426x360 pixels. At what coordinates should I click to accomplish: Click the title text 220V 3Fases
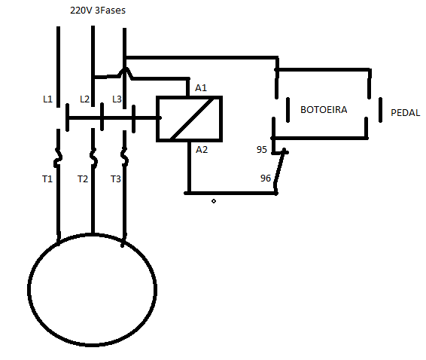pyautogui.click(x=98, y=11)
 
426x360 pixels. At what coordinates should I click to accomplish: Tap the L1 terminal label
pyautogui.click(x=48, y=99)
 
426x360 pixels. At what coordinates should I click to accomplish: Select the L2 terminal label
pyautogui.click(x=85, y=99)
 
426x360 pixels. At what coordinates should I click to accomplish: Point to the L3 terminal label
pyautogui.click(x=117, y=99)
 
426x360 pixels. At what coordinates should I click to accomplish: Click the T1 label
pyautogui.click(x=47, y=179)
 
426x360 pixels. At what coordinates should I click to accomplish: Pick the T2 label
pyautogui.click(x=83, y=179)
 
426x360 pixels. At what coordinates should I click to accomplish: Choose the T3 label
pyautogui.click(x=115, y=179)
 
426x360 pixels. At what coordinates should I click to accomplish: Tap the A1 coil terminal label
pyautogui.click(x=201, y=87)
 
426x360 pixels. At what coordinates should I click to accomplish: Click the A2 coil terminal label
pyautogui.click(x=202, y=150)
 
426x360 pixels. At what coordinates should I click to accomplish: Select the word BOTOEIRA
pyautogui.click(x=324, y=109)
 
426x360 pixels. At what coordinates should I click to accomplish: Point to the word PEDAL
pyautogui.click(x=406, y=112)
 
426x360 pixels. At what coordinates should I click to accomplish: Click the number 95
pyautogui.click(x=262, y=150)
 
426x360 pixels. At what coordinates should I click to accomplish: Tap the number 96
pyautogui.click(x=266, y=178)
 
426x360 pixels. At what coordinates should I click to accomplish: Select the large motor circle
pyautogui.click(x=29, y=289)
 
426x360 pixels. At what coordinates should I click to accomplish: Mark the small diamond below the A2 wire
pyautogui.click(x=214, y=201)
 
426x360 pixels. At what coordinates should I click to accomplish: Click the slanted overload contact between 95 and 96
pyautogui.click(x=279, y=168)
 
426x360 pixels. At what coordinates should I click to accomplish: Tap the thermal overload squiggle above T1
pyautogui.click(x=58, y=157)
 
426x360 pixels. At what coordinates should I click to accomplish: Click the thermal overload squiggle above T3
pyautogui.click(x=124, y=157)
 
